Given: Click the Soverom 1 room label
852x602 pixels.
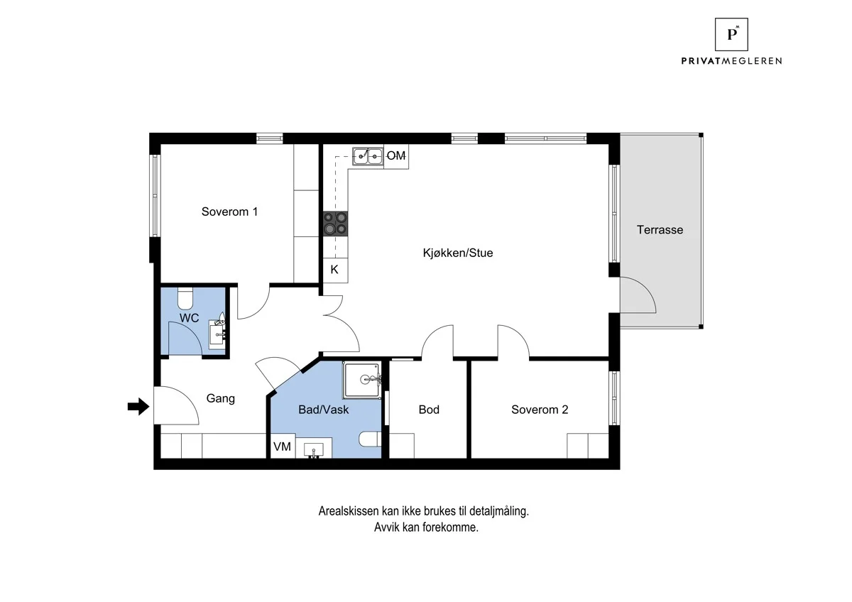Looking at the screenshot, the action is [x=229, y=212].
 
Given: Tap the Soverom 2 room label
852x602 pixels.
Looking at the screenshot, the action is [x=540, y=410].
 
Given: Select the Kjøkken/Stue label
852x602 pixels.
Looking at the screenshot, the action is [x=457, y=253].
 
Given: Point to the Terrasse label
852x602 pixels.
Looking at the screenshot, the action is [x=660, y=230].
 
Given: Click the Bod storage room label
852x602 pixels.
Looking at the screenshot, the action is [x=429, y=410].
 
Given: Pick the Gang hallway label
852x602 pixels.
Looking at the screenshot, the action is [x=221, y=398].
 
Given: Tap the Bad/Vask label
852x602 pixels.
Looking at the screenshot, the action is [x=323, y=410].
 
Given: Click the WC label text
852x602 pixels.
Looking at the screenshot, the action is [x=189, y=318].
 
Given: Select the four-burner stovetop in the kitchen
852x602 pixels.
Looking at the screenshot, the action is [x=335, y=224].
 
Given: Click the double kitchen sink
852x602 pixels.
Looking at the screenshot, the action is [x=368, y=156].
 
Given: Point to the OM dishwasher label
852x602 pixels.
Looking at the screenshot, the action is [x=396, y=155].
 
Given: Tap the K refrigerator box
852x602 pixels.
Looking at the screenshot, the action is [x=335, y=270].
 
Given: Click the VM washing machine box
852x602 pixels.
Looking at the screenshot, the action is [x=283, y=446].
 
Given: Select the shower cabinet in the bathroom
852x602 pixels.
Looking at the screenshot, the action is [x=362, y=380].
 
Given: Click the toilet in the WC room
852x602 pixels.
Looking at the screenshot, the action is [x=185, y=298].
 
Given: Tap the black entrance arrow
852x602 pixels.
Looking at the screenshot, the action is [x=138, y=407].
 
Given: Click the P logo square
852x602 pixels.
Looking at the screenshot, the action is [x=731, y=34].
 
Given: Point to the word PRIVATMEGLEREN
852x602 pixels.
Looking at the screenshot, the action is [x=731, y=61].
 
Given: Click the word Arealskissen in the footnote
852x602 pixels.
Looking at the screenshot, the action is [x=349, y=511].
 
